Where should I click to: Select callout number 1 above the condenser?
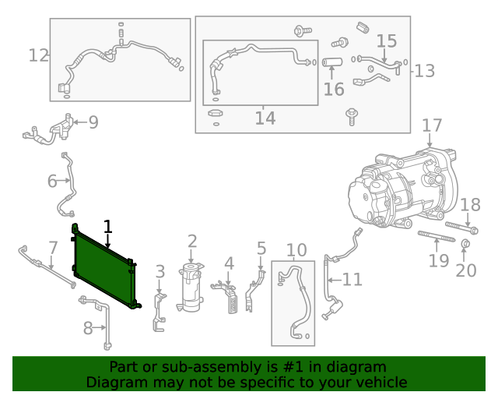click(108, 227)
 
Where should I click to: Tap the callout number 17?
click(432, 125)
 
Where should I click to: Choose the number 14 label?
click(265, 118)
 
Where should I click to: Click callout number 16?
click(334, 89)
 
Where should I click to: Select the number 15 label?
click(386, 41)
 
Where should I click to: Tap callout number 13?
click(424, 71)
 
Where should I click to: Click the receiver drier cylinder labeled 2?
click(191, 289)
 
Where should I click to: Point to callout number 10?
click(296, 250)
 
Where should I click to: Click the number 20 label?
click(465, 270)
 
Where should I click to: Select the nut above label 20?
click(465, 247)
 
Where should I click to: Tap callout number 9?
click(93, 122)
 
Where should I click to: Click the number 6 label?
click(52, 181)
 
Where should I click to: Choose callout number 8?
click(88, 328)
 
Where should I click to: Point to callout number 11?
click(352, 279)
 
